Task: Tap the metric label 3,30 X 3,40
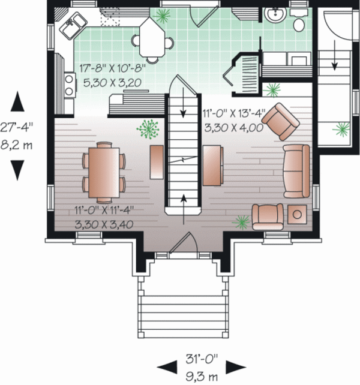pos(103,224)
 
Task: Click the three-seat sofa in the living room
pos(297,170)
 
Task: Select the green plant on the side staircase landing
pos(343,128)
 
